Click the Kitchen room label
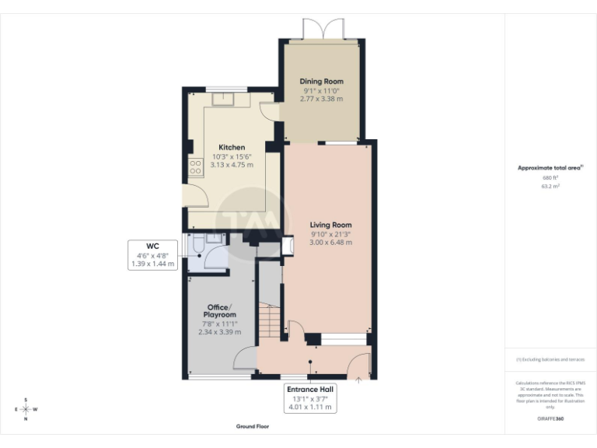(x=232, y=148)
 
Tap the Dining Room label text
(x=322, y=82)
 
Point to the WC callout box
(x=152, y=255)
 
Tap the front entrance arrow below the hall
(x=358, y=380)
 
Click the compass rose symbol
(x=26, y=408)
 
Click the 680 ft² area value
(x=550, y=178)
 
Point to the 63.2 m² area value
(x=550, y=187)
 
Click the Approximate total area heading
(x=550, y=168)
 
